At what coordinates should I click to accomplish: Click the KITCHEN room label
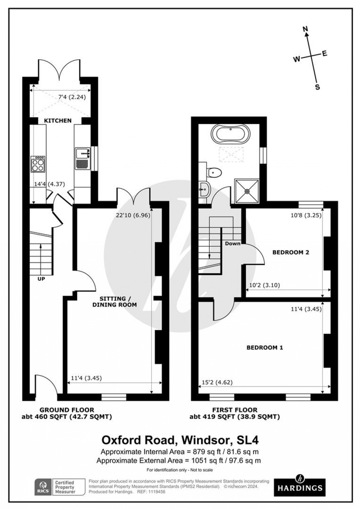(x=58, y=121)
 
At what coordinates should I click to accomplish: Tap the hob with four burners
(x=38, y=164)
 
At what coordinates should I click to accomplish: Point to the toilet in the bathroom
(x=214, y=173)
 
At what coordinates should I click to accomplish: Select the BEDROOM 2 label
(x=291, y=252)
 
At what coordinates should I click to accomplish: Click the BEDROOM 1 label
(x=264, y=348)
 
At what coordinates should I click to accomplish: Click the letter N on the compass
(x=306, y=29)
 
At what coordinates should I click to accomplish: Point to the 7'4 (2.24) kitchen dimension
(x=72, y=97)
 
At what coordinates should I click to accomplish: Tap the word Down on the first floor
(x=233, y=243)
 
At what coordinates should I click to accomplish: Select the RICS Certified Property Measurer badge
(x=60, y=487)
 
